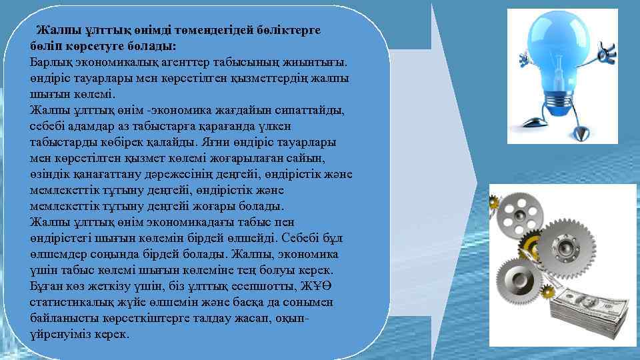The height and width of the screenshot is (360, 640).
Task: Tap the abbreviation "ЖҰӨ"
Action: pos(316,286)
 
